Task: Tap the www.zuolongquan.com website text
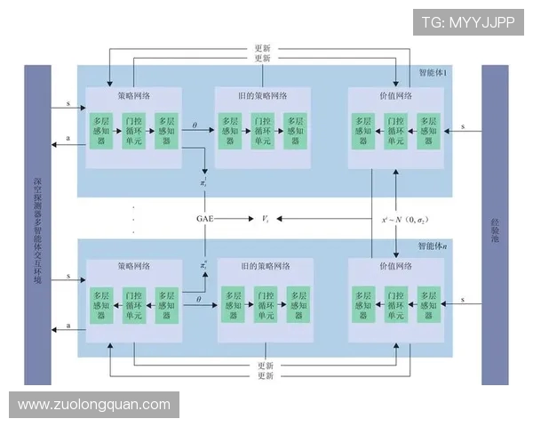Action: [x=94, y=405]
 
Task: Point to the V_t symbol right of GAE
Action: [x=264, y=217]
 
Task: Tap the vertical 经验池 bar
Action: [x=495, y=224]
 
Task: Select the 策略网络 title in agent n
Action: [x=133, y=265]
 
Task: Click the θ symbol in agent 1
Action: [x=195, y=125]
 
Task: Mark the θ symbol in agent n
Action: [x=199, y=299]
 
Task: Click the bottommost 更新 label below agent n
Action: [x=265, y=377]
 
